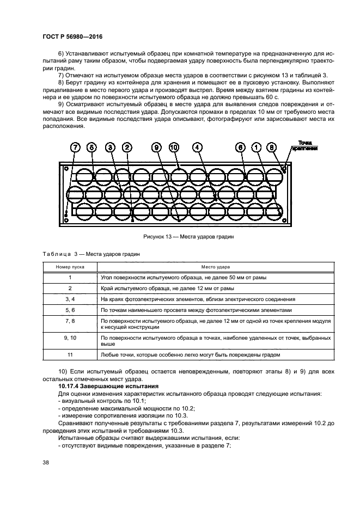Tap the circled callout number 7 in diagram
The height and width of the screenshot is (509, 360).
75,148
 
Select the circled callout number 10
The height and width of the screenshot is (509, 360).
174,148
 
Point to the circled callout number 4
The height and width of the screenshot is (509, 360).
198,148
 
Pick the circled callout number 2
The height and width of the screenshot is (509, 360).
126,148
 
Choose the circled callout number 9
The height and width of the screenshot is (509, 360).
157,148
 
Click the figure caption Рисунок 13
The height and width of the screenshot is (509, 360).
180,236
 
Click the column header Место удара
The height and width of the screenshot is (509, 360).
216,267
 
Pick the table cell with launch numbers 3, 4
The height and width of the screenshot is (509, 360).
70,299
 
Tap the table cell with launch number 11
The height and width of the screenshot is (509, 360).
70,354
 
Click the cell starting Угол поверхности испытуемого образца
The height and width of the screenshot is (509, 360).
184,277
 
